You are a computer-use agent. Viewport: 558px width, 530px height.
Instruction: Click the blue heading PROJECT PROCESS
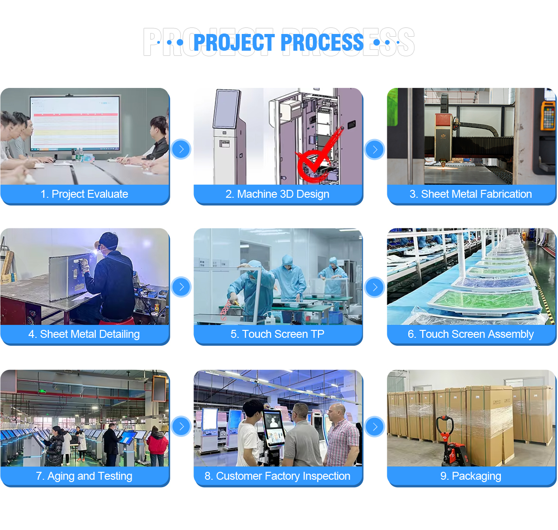278,42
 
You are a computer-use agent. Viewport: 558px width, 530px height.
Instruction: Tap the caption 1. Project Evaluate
84,194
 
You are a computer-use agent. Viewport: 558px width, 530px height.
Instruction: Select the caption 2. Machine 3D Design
277,194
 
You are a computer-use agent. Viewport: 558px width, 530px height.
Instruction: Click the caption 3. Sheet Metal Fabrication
471,194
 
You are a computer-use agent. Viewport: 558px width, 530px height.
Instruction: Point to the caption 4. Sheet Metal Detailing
84,334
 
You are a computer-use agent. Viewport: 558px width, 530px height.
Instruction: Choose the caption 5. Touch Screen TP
277,334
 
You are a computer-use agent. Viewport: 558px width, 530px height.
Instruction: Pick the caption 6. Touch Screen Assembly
471,334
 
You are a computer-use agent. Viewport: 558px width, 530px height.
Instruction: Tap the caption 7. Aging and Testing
84,476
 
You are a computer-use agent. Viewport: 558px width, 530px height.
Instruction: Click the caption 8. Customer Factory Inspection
277,476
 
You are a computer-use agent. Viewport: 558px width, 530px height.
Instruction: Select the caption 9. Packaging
471,476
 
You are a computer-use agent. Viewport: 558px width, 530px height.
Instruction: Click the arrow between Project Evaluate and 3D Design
181,149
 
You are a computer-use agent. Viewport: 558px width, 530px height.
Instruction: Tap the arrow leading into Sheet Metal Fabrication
375,149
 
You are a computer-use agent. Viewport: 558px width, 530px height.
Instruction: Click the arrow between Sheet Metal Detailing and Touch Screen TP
181,287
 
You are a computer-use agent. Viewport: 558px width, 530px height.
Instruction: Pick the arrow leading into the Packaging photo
375,426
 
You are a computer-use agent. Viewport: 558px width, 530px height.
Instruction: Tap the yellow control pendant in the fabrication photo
548,115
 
